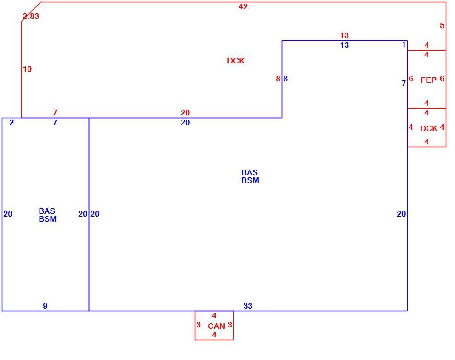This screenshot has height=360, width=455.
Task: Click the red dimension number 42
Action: click(243, 6)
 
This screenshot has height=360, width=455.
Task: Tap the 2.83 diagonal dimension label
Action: click(31, 16)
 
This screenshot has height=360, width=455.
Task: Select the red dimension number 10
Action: click(27, 69)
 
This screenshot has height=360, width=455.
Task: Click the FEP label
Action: click(428, 80)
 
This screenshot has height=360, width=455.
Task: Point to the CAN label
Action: click(216, 326)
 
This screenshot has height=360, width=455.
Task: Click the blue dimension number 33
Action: click(248, 306)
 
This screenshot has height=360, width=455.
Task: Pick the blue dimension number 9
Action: click(45, 306)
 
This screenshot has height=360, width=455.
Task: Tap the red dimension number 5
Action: click(442, 26)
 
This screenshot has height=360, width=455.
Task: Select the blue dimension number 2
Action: click(11, 122)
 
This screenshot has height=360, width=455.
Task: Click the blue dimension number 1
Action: click(404, 45)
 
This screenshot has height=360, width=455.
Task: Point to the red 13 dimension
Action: click(344, 35)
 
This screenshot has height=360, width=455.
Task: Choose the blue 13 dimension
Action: click(344, 46)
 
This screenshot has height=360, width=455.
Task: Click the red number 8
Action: click(278, 79)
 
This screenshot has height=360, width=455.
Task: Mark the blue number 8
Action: click(285, 79)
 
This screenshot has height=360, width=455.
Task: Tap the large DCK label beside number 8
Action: click(236, 61)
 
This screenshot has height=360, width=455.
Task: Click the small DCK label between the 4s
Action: click(429, 128)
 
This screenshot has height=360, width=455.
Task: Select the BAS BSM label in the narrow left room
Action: click(47, 215)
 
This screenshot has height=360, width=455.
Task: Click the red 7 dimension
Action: click(55, 113)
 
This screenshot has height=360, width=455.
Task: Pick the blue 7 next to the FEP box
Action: click(404, 83)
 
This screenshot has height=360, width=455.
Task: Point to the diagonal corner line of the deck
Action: click(31, 11)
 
